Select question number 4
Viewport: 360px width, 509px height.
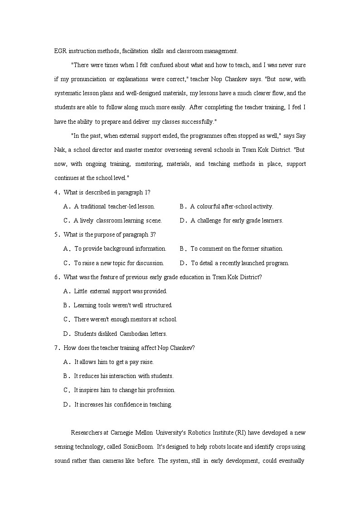click(57, 192)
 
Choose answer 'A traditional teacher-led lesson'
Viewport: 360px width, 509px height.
click(114, 206)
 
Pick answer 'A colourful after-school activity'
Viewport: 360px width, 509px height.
click(231, 206)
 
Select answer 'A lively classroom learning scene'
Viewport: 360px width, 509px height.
click(117, 221)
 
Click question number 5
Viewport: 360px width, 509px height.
click(57, 235)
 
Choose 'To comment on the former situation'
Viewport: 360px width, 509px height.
click(237, 249)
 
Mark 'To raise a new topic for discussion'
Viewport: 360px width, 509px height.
click(119, 263)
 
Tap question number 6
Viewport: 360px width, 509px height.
click(57, 277)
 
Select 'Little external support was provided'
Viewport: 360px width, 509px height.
click(121, 291)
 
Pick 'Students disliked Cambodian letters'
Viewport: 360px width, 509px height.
click(121, 334)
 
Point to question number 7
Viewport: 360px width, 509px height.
click(57, 348)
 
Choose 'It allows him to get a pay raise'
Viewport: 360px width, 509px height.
click(114, 362)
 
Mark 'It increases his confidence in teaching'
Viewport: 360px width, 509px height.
click(123, 405)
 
